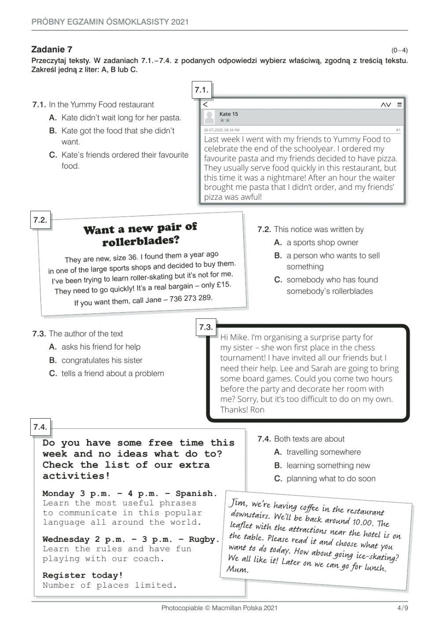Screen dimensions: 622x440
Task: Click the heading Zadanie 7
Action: (52, 49)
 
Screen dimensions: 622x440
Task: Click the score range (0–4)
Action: (399, 50)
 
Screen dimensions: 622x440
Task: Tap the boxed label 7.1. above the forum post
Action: (201, 90)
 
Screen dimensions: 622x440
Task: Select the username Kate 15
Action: (229, 114)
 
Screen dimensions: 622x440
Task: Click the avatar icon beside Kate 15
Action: (210, 117)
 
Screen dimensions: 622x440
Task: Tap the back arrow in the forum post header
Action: (205, 104)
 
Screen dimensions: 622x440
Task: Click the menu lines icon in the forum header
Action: (399, 105)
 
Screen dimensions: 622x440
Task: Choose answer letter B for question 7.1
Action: (53, 131)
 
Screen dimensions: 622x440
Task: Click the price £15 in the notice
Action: (224, 284)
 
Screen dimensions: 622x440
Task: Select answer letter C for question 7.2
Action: (278, 280)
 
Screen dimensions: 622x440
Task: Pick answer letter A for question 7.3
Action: (53, 347)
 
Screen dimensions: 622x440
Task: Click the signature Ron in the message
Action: (257, 410)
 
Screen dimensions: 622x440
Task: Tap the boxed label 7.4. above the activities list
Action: (40, 427)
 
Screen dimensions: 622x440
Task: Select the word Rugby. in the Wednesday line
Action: (204, 539)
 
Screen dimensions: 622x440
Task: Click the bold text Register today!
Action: (83, 575)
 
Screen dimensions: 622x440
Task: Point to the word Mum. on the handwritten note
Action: (238, 569)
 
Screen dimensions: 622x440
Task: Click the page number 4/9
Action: (402, 608)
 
